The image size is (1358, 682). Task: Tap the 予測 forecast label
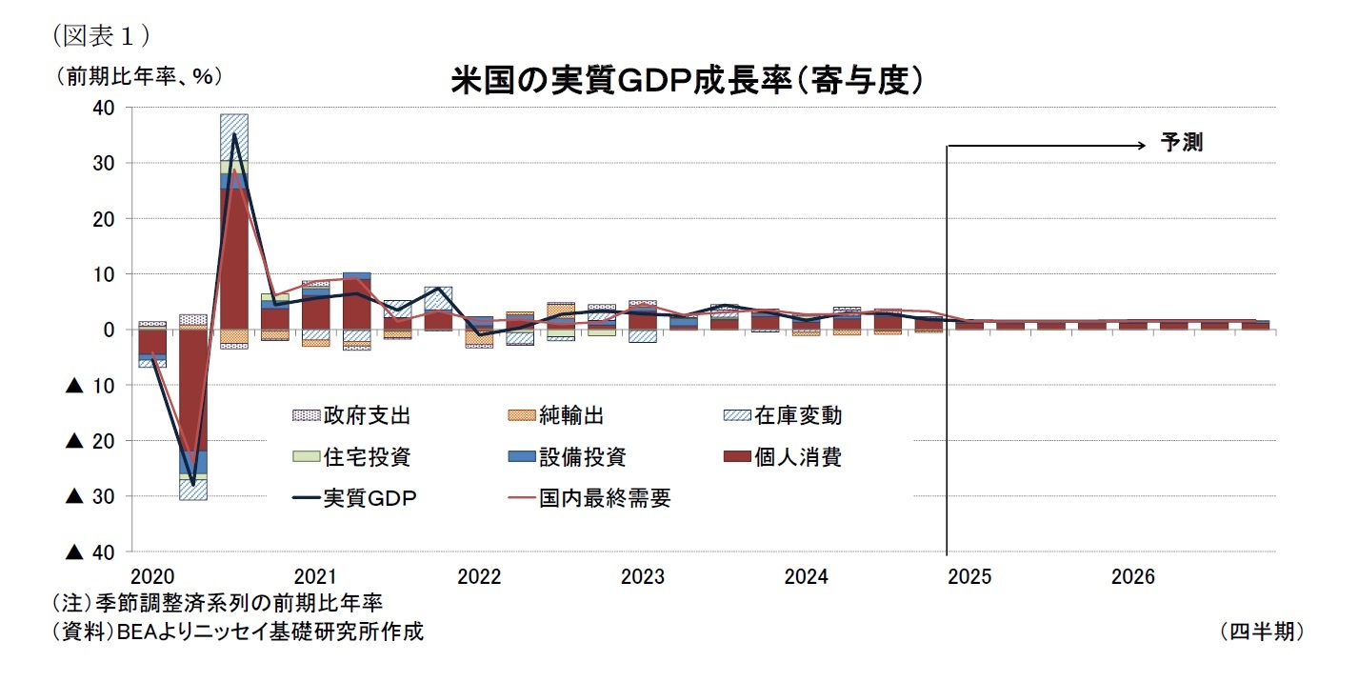[1181, 144]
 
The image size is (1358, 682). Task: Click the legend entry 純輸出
[571, 416]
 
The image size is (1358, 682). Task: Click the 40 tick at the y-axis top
[105, 109]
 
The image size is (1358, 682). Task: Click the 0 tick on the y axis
[110, 330]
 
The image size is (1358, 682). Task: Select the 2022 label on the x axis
[478, 578]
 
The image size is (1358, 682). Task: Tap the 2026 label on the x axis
[1132, 578]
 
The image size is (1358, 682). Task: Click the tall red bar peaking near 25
[234, 257]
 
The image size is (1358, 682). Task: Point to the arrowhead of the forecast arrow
[1140, 146]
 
